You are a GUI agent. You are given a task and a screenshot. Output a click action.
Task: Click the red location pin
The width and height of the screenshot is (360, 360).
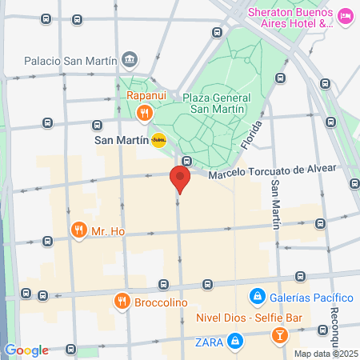point(180,179)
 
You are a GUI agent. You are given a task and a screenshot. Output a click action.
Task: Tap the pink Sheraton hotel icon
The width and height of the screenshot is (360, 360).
point(346,16)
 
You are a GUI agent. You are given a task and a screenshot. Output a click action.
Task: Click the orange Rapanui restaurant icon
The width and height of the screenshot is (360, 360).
point(144,113)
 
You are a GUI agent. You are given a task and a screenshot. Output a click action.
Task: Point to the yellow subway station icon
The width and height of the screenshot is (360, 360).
point(158,139)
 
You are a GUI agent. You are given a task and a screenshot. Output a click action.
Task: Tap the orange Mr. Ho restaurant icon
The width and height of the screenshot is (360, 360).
point(78,231)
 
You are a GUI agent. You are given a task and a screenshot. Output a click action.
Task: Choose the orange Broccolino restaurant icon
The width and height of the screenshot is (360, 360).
point(122,301)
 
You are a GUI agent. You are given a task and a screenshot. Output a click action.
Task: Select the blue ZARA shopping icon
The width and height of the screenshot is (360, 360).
point(235,342)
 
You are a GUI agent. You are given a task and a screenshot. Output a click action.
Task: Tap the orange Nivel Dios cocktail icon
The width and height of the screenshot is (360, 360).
point(280,334)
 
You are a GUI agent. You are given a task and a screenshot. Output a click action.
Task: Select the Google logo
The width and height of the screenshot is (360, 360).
point(26,350)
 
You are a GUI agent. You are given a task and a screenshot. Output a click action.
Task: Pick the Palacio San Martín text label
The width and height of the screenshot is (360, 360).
point(70,60)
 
